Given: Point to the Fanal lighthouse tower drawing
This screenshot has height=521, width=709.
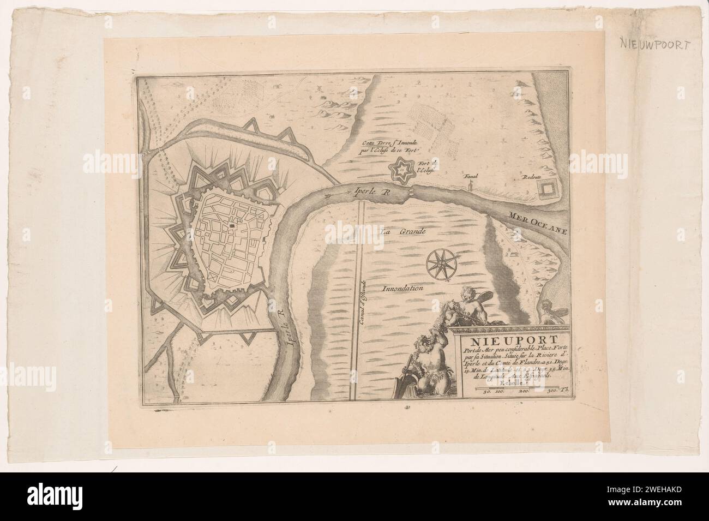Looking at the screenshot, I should pos(470,186).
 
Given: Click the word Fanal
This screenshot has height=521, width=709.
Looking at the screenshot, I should pos(470,177).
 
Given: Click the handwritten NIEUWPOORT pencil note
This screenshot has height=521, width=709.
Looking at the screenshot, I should pos(654,45).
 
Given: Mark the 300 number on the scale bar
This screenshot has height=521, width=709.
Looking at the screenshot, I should pos(553,391).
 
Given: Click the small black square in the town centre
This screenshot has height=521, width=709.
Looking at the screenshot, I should pos(232,223).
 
